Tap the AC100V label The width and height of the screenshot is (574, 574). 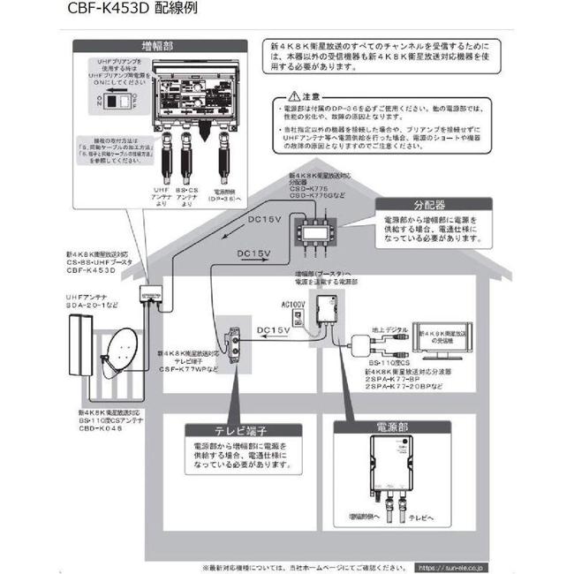tap(291, 305)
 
